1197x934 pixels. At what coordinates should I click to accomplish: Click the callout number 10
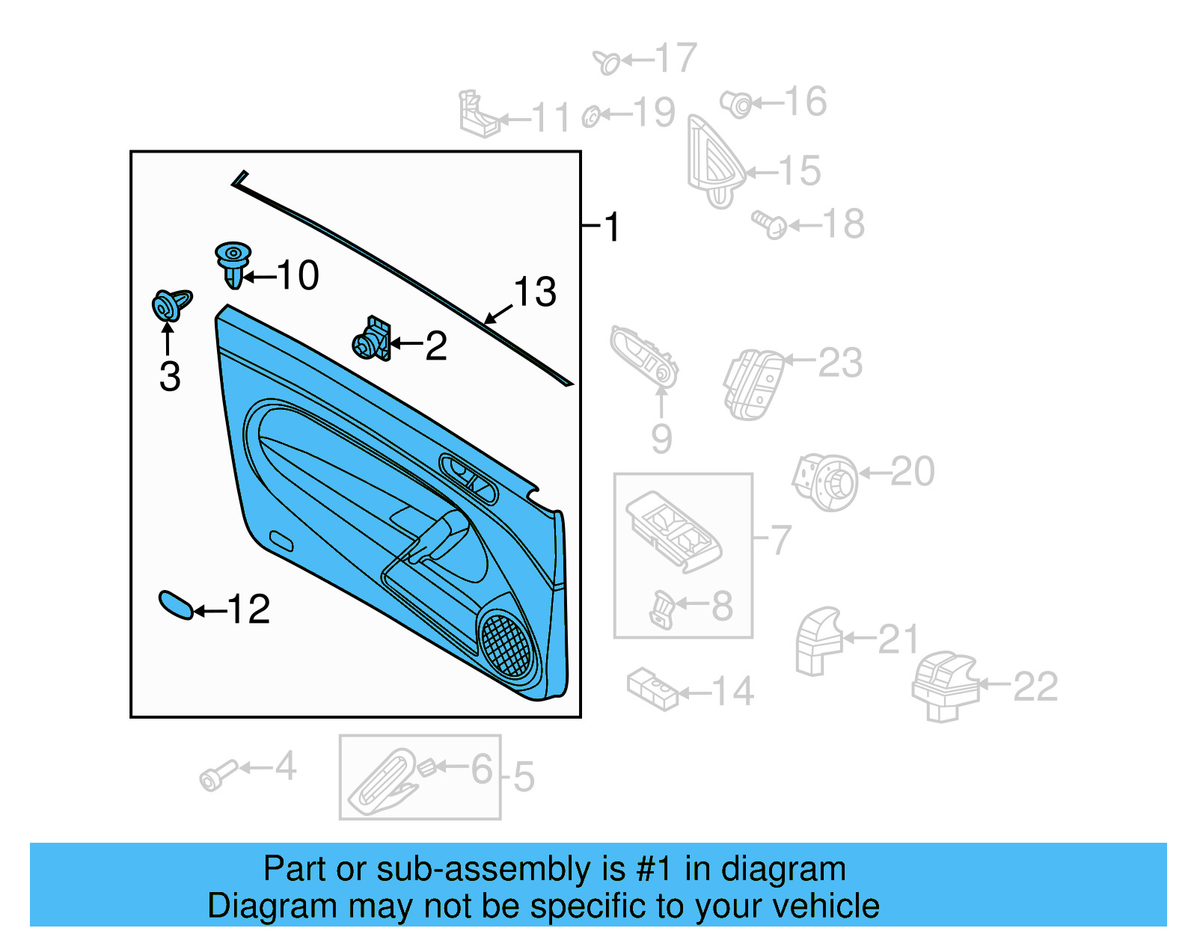pyautogui.click(x=299, y=275)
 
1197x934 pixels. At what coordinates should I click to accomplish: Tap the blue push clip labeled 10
pyautogui.click(x=233, y=264)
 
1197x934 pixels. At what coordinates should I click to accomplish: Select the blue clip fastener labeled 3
pyautogui.click(x=169, y=304)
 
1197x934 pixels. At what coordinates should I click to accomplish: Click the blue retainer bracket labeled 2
pyautogui.click(x=373, y=340)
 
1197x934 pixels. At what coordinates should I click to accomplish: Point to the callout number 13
pyautogui.click(x=535, y=292)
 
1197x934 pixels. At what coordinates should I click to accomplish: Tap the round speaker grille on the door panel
pyautogui.click(x=506, y=643)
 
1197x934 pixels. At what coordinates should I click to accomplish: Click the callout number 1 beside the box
pyautogui.click(x=613, y=227)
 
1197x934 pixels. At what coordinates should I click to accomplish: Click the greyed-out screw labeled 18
pyautogui.click(x=769, y=224)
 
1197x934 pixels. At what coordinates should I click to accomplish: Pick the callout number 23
pyautogui.click(x=840, y=363)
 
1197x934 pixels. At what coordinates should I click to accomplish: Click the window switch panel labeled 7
pyautogui.click(x=674, y=531)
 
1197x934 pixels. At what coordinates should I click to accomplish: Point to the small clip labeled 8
pyautogui.click(x=662, y=609)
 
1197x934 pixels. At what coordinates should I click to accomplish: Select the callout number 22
pyautogui.click(x=1035, y=686)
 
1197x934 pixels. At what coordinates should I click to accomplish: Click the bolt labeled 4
pyautogui.click(x=215, y=775)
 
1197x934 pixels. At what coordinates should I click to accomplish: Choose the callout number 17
pyautogui.click(x=676, y=58)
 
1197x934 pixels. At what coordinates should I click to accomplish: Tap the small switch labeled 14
pyautogui.click(x=652, y=689)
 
